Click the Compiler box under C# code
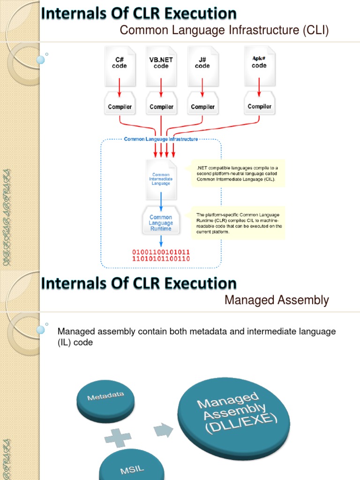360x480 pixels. tap(120, 107)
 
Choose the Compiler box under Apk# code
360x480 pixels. tap(259, 106)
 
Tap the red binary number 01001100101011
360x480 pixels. tap(161, 252)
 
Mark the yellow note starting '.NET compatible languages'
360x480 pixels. tap(238, 173)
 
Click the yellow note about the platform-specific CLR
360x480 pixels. tap(238, 223)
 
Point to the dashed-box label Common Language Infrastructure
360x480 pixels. tap(161, 139)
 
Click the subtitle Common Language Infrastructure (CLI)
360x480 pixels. tap(225, 30)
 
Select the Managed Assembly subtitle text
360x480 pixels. tap(277, 300)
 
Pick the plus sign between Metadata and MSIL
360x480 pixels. tap(118, 439)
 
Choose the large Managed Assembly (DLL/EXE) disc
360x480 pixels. tap(234, 412)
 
